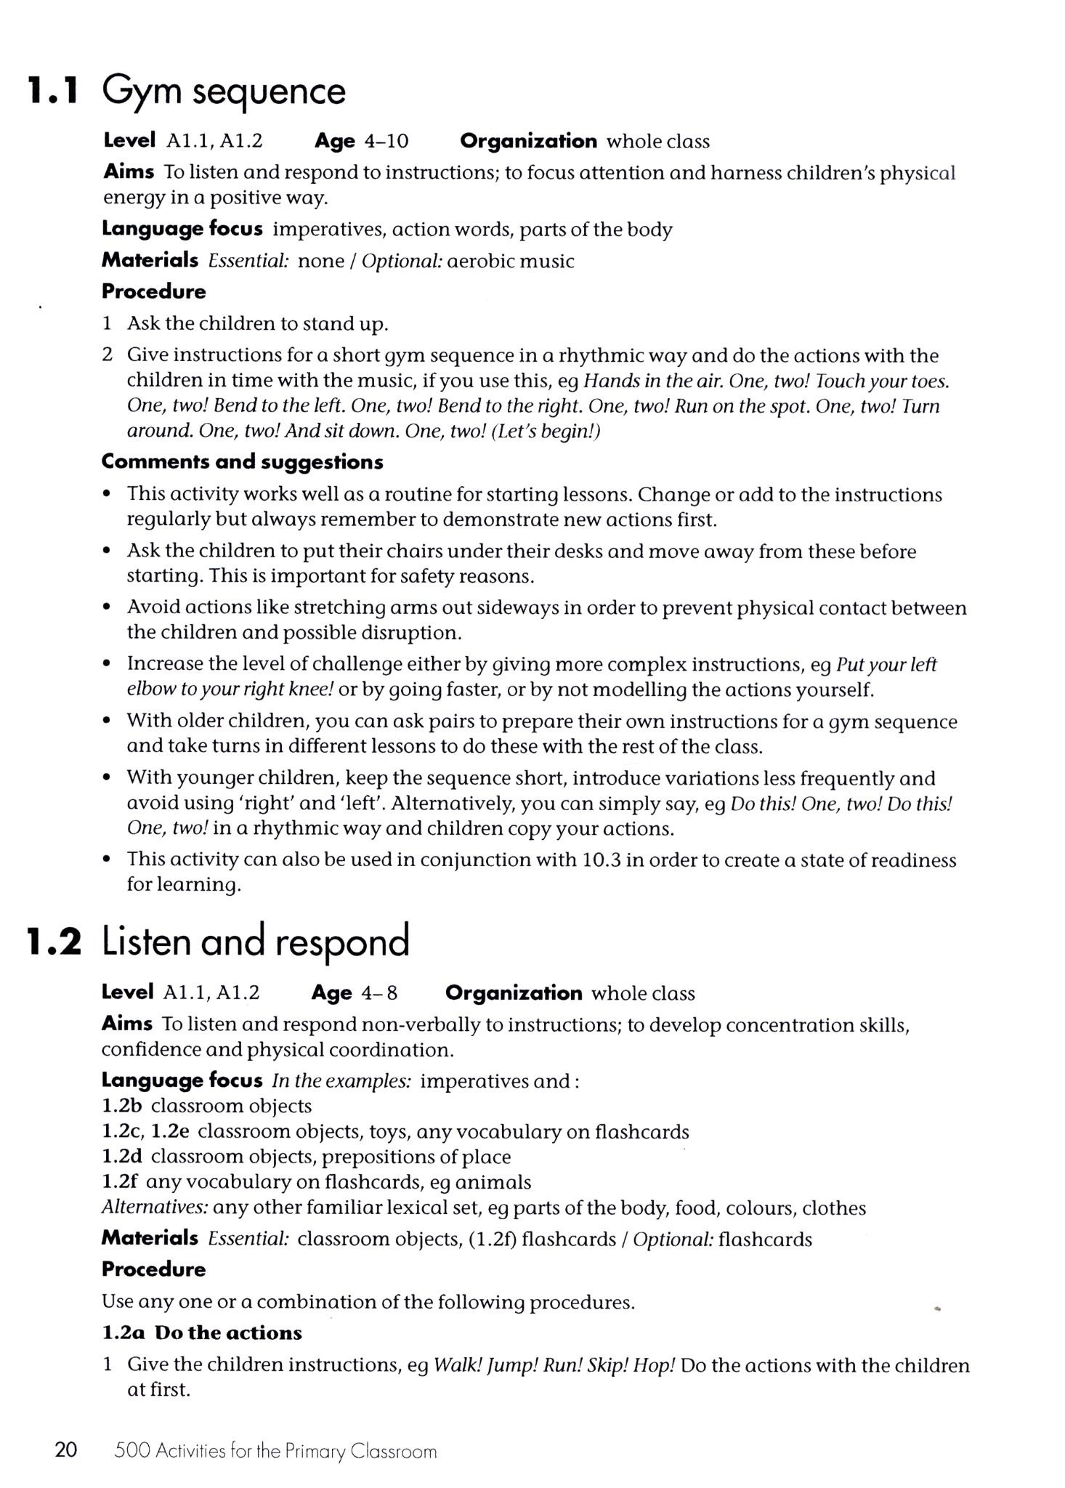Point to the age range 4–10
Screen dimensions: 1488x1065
point(386,141)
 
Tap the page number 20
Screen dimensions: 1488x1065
point(65,1450)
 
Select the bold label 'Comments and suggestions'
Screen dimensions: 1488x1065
point(243,462)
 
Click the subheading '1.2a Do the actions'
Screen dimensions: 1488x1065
point(202,1333)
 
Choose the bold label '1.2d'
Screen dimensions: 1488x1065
point(121,1157)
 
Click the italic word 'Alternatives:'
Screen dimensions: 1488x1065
point(155,1208)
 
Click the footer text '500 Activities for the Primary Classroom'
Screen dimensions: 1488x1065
point(275,1452)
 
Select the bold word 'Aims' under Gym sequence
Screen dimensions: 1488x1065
point(129,172)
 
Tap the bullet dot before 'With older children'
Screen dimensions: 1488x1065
point(107,721)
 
